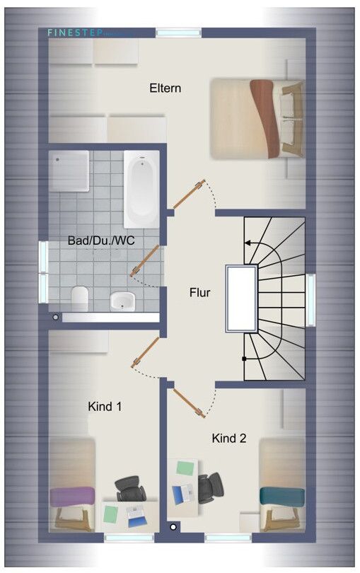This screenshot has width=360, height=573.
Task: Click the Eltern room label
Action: coord(165,88)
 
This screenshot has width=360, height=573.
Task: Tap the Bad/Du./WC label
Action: coord(101,241)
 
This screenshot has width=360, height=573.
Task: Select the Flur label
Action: coord(199,291)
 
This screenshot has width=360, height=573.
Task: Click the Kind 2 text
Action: coord(229,439)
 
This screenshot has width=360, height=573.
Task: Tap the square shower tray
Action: coord(69,170)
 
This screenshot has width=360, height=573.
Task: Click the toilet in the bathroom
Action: coord(79,299)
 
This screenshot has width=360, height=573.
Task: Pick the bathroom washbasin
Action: coord(122,301)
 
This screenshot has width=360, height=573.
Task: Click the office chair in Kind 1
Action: coord(129,490)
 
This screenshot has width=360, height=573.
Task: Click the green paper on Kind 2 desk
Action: coord(185,468)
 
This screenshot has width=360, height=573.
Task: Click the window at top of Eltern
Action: coord(178,33)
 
